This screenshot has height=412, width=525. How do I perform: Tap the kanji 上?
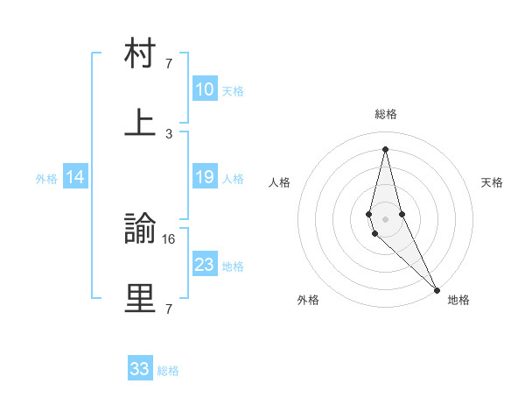140,123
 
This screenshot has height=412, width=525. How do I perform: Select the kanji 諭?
140,230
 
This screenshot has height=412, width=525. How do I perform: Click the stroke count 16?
170,238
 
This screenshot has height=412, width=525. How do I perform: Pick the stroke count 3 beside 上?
169,133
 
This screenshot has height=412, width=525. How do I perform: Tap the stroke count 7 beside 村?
169,63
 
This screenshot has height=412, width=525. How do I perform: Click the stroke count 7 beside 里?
168,309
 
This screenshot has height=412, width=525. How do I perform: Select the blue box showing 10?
205,89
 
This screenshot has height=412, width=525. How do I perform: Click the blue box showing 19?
205,177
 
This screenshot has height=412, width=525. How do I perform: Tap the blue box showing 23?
205,265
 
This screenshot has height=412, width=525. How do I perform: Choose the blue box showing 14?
75,177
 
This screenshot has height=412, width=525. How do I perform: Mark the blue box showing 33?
140,369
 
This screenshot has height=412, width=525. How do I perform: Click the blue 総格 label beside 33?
168,371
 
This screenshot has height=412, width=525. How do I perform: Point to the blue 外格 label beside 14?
46,179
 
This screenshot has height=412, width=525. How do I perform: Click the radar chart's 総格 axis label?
386,114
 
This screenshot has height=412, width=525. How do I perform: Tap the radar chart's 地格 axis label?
458,300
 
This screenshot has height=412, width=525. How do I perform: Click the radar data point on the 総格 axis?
385,148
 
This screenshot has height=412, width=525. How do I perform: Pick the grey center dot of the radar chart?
385,218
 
